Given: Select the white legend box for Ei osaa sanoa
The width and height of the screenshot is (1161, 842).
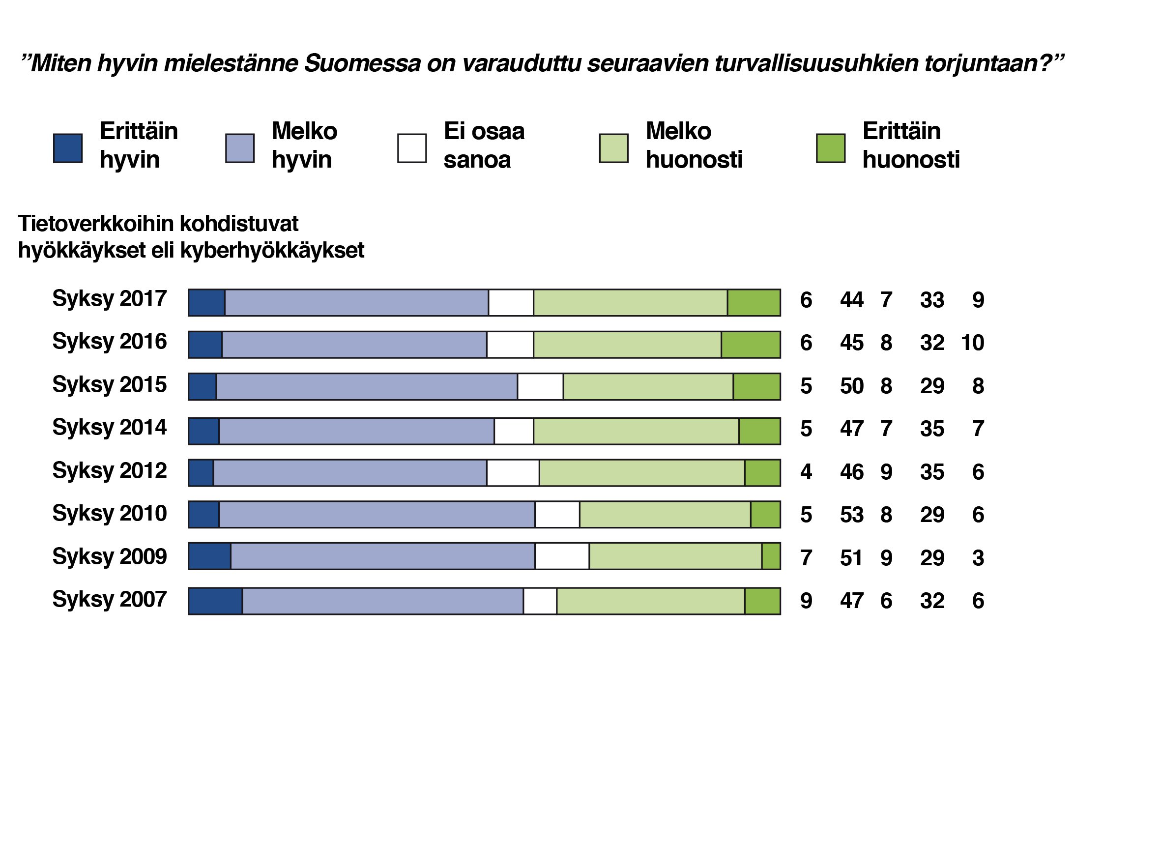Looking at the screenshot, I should pyautogui.click(x=411, y=148).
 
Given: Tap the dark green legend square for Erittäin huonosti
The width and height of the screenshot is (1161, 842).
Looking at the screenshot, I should pyautogui.click(x=830, y=148).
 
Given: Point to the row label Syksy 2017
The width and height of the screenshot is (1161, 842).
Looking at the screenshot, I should pyautogui.click(x=110, y=298).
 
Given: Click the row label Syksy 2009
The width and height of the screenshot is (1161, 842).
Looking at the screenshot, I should pyautogui.click(x=110, y=556).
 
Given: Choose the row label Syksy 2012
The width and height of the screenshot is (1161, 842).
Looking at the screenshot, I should pyautogui.click(x=110, y=470).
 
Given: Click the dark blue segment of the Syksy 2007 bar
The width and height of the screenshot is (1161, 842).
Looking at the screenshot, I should pyautogui.click(x=215, y=601).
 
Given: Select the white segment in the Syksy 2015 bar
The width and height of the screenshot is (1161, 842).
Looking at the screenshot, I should pyautogui.click(x=540, y=386).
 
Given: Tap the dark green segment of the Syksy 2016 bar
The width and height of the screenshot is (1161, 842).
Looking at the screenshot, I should pyautogui.click(x=751, y=345).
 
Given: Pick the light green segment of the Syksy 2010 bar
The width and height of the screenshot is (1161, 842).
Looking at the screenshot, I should pyautogui.click(x=665, y=515).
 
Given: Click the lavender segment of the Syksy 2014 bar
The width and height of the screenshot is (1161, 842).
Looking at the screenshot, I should pyautogui.click(x=356, y=431).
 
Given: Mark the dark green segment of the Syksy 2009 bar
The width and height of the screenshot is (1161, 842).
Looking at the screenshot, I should pyautogui.click(x=771, y=556).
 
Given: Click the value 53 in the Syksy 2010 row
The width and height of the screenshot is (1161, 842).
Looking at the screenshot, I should pyautogui.click(x=852, y=515).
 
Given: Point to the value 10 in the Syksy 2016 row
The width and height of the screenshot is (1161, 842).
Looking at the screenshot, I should pyautogui.click(x=972, y=343).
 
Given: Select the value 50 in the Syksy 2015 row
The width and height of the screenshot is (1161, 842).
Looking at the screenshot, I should pyautogui.click(x=852, y=386).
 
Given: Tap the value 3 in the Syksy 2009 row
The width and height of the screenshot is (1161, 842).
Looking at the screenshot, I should pyautogui.click(x=978, y=558).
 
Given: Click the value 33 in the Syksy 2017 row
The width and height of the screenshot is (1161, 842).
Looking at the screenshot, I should pyautogui.click(x=931, y=300).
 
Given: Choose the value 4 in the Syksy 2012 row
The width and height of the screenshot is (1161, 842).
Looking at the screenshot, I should pyautogui.click(x=806, y=472).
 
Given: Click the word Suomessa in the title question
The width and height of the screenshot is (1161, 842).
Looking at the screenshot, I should pyautogui.click(x=362, y=63).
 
